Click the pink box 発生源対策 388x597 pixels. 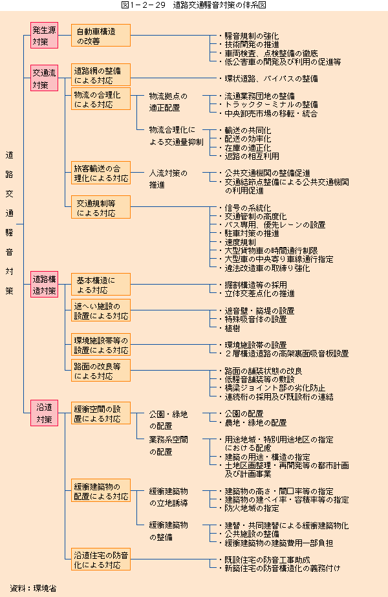pos(44,36)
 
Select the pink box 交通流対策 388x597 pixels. pos(44,78)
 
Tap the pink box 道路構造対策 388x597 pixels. pos(44,285)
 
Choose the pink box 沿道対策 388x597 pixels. pos(44,413)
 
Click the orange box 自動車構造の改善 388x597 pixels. pos(100,36)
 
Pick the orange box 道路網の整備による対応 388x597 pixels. pos(100,74)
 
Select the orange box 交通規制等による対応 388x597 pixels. pos(100,207)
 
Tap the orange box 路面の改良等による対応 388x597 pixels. pos(100,371)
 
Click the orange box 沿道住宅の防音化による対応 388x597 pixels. pos(100,559)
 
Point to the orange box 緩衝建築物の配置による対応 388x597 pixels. pos(100,490)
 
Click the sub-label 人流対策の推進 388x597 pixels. pos(168,179)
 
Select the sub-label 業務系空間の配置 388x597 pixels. pos(168,446)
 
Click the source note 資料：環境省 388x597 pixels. pos(34,588)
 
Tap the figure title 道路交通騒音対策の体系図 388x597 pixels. pos(219,5)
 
